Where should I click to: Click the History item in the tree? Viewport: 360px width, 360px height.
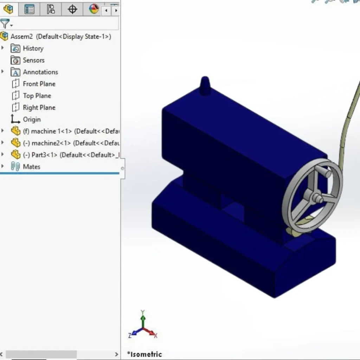click(x=33, y=49)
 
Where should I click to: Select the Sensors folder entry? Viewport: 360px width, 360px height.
click(x=33, y=60)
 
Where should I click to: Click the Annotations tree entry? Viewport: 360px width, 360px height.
click(x=40, y=72)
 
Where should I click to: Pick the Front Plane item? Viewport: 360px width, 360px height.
click(x=39, y=84)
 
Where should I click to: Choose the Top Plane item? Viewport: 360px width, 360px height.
click(x=37, y=96)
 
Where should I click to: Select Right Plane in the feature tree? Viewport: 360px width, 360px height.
click(x=39, y=108)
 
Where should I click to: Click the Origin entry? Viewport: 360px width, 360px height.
click(x=32, y=120)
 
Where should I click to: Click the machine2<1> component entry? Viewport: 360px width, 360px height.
click(x=51, y=143)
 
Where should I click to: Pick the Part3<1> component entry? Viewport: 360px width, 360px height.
click(x=46, y=155)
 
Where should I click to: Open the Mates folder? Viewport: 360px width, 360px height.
click(x=31, y=167)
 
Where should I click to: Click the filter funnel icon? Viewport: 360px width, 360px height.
click(x=5, y=24)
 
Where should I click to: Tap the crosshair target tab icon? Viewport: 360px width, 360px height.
click(x=72, y=9)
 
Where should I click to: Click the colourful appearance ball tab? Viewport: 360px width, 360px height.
click(x=94, y=9)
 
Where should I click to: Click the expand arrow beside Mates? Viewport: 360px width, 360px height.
click(x=3, y=166)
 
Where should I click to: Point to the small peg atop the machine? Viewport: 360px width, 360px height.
click(x=205, y=86)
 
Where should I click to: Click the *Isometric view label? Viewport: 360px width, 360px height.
click(x=144, y=354)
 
